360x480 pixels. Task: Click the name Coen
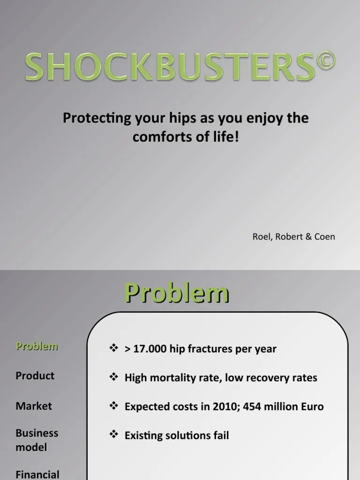pos(325,237)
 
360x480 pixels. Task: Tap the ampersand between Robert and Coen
pos(308,237)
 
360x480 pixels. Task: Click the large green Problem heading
pos(177,294)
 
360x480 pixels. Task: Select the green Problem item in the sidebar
pos(37,346)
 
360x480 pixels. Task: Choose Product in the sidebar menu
pos(35,375)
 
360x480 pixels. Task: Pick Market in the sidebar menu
pos(34,406)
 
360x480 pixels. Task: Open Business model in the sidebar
pos(37,440)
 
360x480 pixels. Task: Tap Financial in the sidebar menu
pos(37,474)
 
